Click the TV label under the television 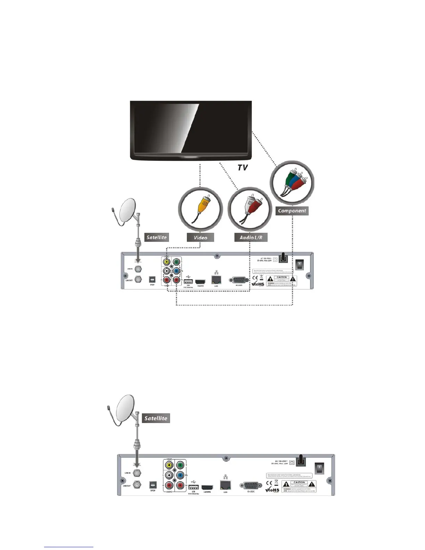(242, 168)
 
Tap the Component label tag (292, 211)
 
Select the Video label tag (200, 237)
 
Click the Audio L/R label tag (251, 237)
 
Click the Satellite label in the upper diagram (157, 237)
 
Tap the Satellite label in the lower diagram (156, 418)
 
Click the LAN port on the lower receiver (225, 485)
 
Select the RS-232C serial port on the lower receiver (250, 486)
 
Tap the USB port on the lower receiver (193, 487)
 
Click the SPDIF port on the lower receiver (152, 485)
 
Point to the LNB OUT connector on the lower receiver (137, 485)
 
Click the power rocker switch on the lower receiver (319, 468)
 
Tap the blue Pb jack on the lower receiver (180, 475)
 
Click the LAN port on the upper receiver (216, 280)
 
